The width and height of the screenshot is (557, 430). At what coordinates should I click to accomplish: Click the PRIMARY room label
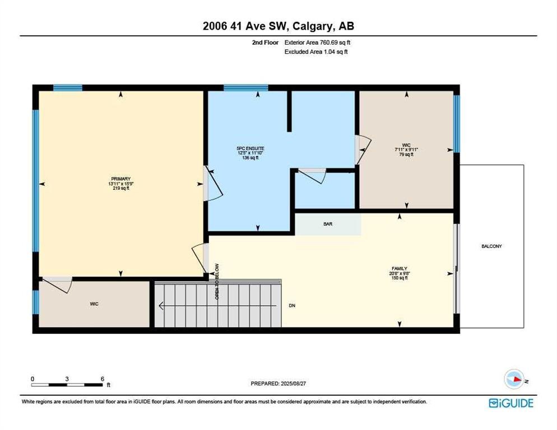click(x=121, y=179)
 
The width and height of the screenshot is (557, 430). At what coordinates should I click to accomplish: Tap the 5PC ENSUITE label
click(x=250, y=148)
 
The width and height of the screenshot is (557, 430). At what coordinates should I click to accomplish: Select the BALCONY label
click(x=491, y=246)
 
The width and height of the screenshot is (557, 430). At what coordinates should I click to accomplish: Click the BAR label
click(x=328, y=224)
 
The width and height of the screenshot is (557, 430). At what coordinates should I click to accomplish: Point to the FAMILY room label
click(x=400, y=268)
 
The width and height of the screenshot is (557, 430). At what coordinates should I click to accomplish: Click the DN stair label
click(x=292, y=305)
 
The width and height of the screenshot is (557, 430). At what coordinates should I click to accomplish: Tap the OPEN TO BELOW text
click(x=217, y=282)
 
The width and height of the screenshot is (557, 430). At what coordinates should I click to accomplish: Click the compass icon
click(x=515, y=379)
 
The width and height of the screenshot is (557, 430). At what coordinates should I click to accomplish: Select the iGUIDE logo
click(x=511, y=403)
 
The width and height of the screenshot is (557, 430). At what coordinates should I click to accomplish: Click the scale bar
click(x=67, y=385)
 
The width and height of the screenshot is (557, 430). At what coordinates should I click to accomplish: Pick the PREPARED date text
click(x=278, y=384)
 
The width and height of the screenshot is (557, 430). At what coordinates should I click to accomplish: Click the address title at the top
click(x=278, y=26)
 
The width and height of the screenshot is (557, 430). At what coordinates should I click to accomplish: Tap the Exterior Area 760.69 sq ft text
click(x=317, y=42)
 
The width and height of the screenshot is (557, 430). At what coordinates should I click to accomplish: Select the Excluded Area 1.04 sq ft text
click(x=316, y=52)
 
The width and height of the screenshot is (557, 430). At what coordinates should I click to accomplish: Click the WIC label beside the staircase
click(x=94, y=304)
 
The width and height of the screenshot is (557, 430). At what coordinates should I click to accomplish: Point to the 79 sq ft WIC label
click(x=406, y=155)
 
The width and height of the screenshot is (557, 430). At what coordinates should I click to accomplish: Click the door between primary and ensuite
click(x=213, y=184)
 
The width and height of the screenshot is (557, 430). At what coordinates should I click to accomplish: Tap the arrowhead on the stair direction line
click(x=161, y=306)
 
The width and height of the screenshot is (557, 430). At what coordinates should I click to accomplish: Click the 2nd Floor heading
click(x=266, y=42)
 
